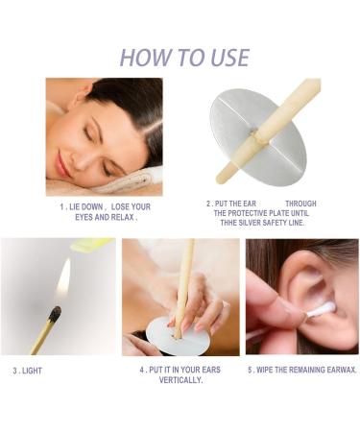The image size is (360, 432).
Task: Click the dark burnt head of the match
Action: coord(55,314)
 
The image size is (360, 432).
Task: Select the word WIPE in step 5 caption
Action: coord(267,370)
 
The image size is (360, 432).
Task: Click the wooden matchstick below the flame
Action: coord(42,337)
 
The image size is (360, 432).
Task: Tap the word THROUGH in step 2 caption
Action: coord(300,204)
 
